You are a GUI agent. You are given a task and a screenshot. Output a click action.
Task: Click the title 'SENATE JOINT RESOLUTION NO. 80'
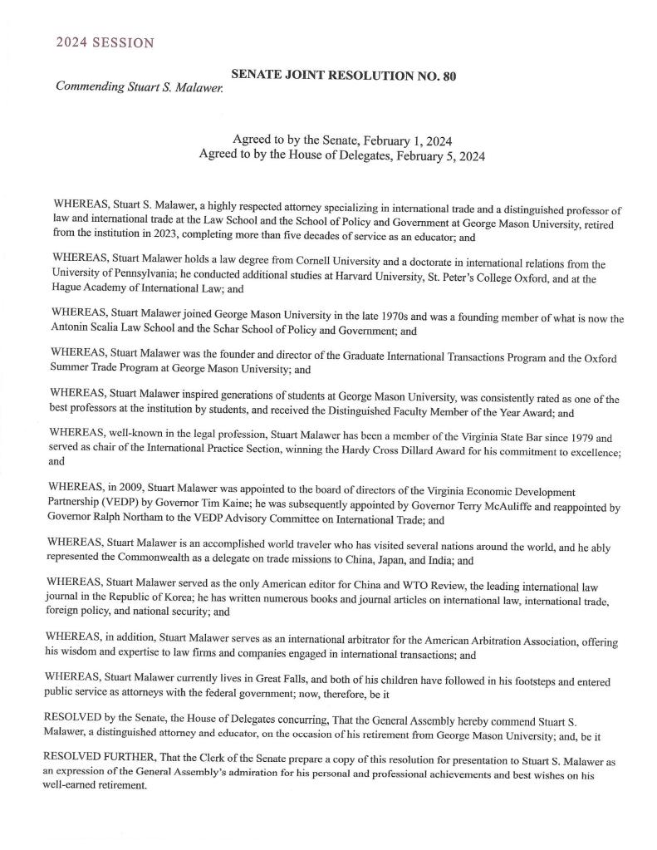click(343, 76)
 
